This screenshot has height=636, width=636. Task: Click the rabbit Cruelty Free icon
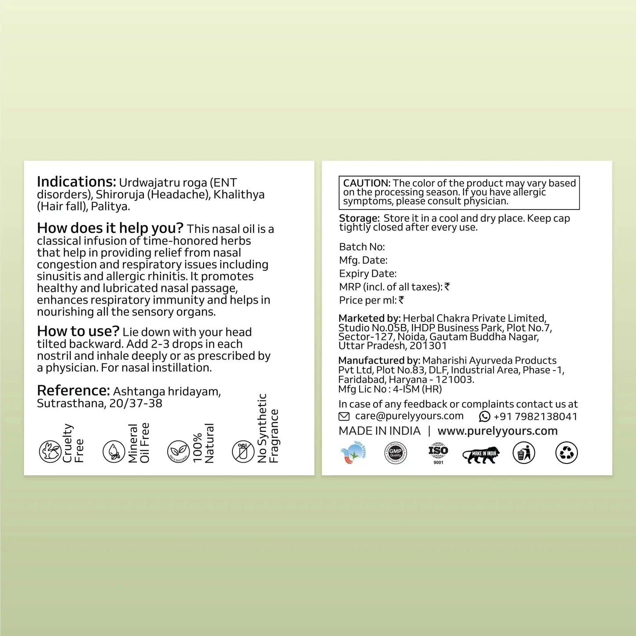tap(50, 452)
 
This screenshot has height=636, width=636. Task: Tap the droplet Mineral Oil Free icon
tap(114, 452)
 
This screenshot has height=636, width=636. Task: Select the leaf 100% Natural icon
tap(178, 452)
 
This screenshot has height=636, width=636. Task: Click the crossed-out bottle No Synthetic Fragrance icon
tap(243, 452)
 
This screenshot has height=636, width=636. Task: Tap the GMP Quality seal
tap(395, 453)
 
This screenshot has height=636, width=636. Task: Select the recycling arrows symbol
tap(566, 453)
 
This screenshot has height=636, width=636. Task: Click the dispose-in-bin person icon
tap(524, 453)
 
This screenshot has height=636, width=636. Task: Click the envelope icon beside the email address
tap(344, 416)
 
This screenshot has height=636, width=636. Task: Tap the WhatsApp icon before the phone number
tap(485, 416)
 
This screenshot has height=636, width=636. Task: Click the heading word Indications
tap(76, 182)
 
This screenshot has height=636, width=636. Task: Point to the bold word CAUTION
tap(367, 183)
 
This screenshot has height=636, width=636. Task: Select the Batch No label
tap(362, 247)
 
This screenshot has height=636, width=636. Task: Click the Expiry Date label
tap(368, 274)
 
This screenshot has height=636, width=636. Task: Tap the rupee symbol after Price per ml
tap(401, 300)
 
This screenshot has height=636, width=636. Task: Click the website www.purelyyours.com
tap(497, 431)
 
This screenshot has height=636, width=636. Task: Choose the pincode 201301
tap(428, 346)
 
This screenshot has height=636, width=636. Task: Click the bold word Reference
tap(73, 391)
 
